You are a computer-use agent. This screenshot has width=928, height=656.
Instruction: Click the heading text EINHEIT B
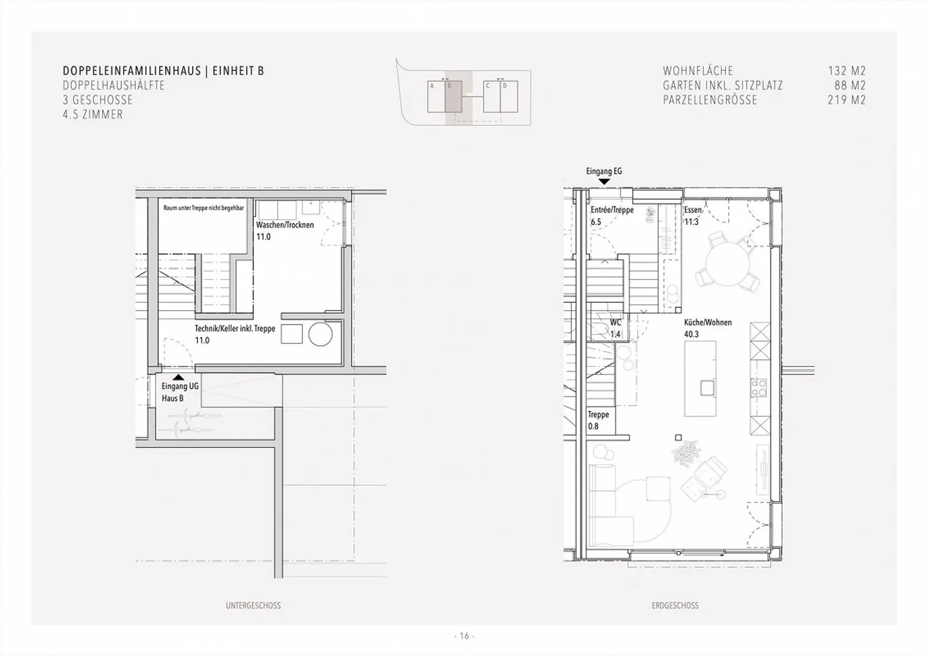coord(238,71)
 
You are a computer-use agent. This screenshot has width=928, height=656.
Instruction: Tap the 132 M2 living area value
coord(847,71)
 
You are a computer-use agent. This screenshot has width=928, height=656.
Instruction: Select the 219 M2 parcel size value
coord(847,100)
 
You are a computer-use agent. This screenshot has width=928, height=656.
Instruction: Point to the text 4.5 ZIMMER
coord(93,114)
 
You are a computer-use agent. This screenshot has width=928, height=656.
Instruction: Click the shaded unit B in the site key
coord(454,97)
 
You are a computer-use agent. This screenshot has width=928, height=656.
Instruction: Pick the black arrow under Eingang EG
coord(604,181)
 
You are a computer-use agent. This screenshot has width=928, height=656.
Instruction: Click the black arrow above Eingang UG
coord(178,377)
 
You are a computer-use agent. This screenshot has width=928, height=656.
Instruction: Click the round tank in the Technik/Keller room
coord(320,334)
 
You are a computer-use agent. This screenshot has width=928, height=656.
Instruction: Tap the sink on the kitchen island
coord(707,388)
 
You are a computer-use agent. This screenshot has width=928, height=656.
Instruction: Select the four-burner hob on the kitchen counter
coord(759,388)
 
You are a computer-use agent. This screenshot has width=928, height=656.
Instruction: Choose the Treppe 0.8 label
coord(598,420)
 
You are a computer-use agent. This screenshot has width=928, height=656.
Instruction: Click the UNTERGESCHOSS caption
coord(253,606)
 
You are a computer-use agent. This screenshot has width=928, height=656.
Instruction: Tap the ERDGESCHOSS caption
coord(675,606)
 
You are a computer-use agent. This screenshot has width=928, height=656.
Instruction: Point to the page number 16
coord(464,636)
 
